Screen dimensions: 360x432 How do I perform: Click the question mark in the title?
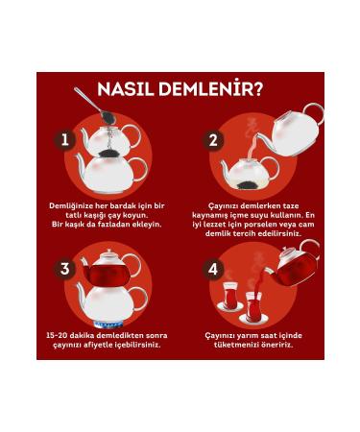point(257,89)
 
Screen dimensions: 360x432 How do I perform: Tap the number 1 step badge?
point(65,140)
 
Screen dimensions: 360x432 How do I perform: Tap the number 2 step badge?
point(213,140)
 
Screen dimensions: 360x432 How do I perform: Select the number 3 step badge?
point(65,269)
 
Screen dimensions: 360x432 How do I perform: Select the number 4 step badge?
point(213,269)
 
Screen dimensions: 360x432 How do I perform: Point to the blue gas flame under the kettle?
point(109,325)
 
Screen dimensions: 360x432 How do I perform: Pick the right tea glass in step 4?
point(253,306)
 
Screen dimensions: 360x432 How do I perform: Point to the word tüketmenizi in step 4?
point(235,346)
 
